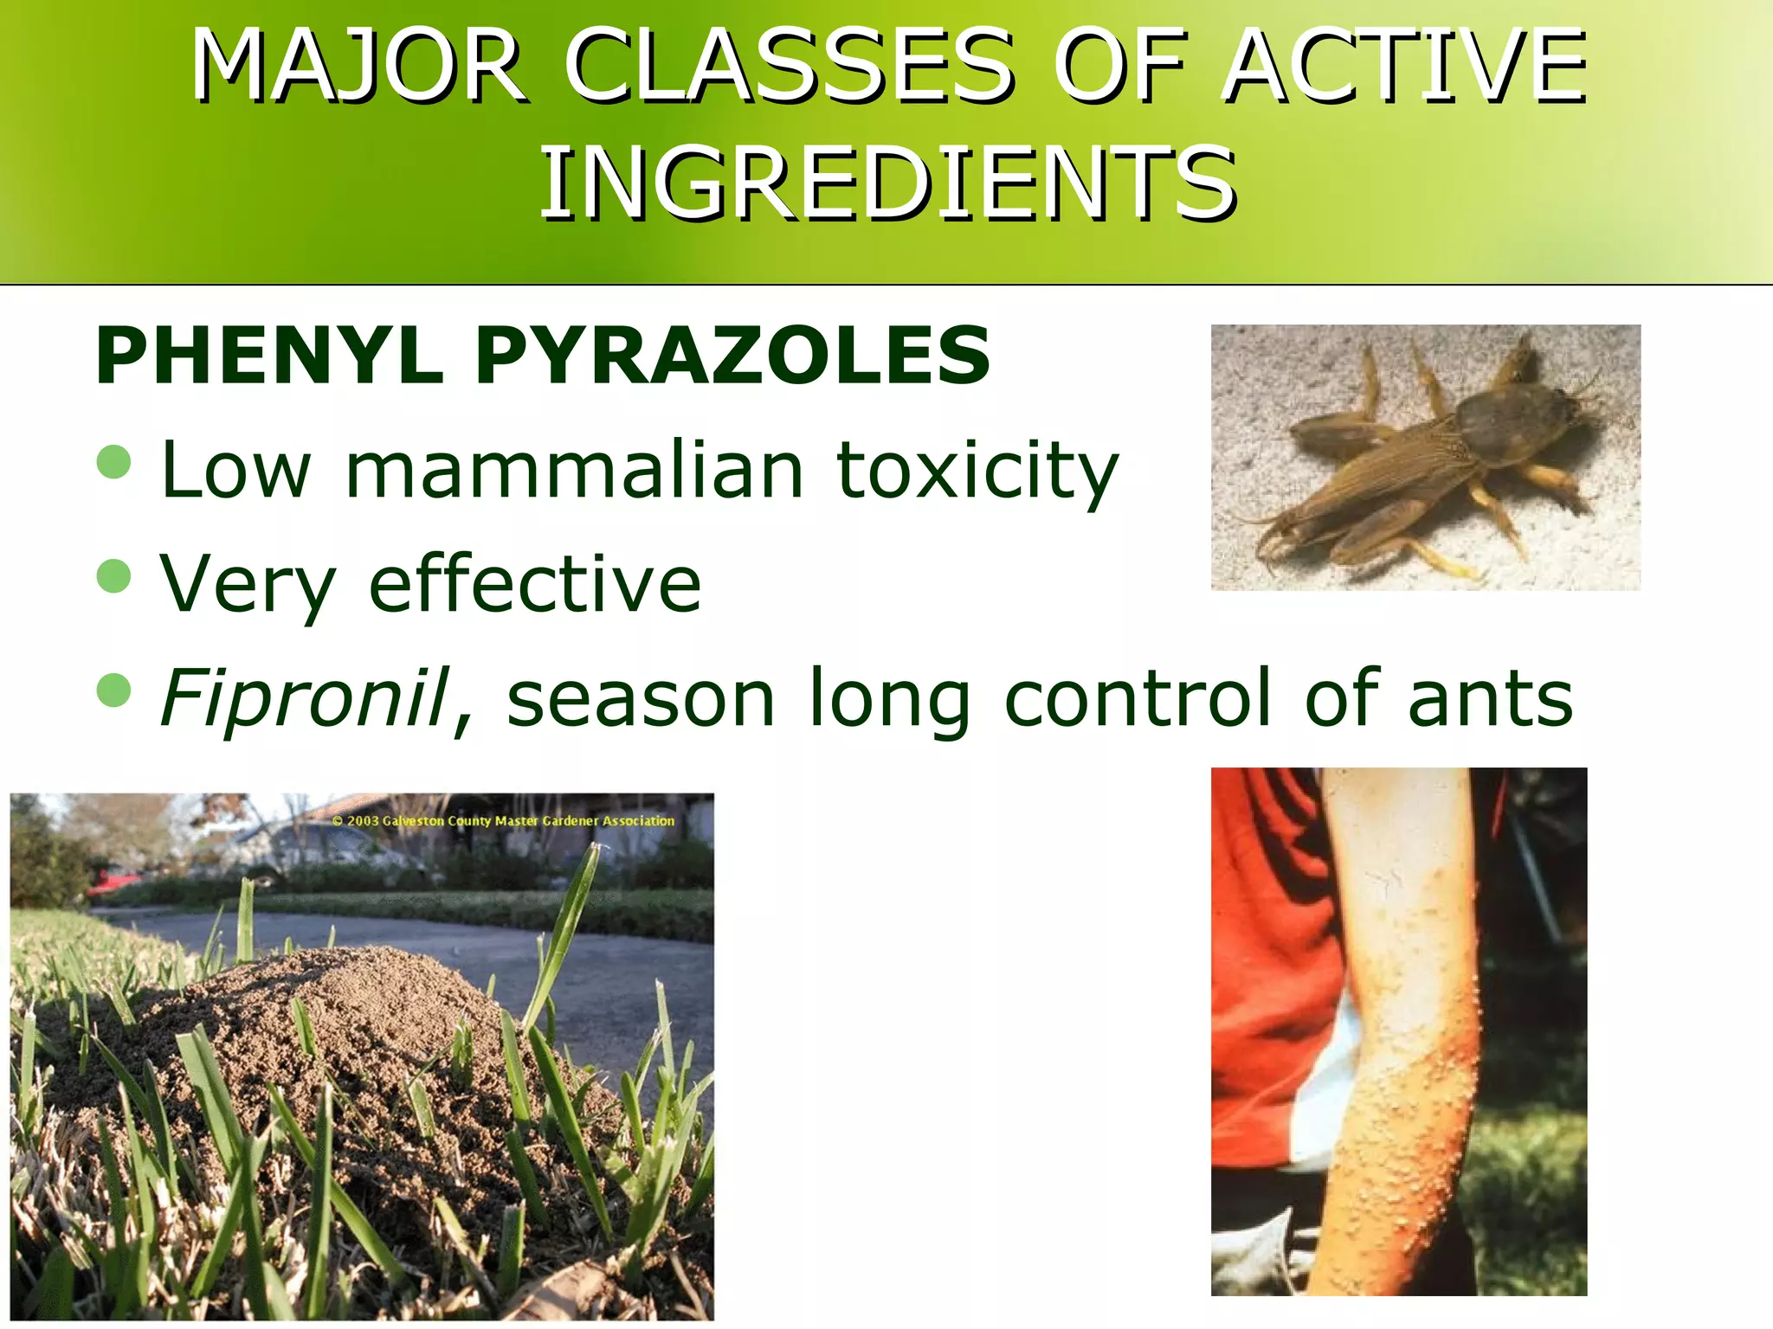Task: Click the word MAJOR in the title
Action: click(x=358, y=67)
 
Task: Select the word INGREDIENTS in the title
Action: click(x=887, y=183)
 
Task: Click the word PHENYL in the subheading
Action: click(x=268, y=356)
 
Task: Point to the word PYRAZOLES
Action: click(x=732, y=356)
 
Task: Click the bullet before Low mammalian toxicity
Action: click(x=114, y=462)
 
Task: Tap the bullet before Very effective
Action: click(x=114, y=576)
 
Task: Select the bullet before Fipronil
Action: click(x=114, y=690)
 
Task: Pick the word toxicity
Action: click(x=977, y=472)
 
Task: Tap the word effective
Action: click(x=534, y=583)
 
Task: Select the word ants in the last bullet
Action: click(x=1490, y=699)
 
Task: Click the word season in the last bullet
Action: click(x=640, y=699)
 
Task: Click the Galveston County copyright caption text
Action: click(x=503, y=820)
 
